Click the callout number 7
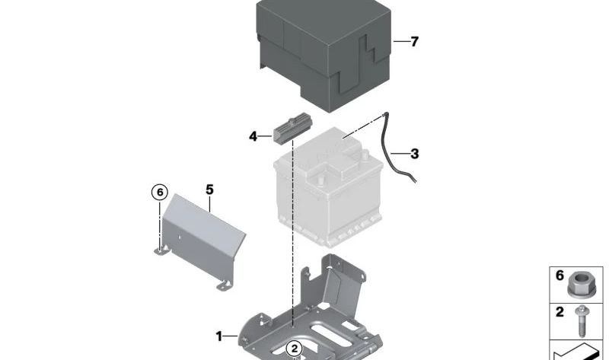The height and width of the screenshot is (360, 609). (415, 42)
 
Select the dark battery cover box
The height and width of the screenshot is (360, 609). (323, 54)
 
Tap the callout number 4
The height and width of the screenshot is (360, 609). (253, 137)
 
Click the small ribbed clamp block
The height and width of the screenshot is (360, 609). (292, 128)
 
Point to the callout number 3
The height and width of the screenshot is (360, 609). (415, 154)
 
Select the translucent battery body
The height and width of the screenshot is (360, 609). (328, 187)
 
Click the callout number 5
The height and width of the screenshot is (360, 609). (209, 190)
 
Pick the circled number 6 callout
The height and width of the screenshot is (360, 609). (160, 193)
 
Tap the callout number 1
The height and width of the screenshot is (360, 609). (219, 336)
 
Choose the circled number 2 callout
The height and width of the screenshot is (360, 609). (295, 349)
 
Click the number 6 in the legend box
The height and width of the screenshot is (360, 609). (560, 276)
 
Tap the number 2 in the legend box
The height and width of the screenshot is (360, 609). (560, 312)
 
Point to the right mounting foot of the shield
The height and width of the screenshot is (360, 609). (225, 285)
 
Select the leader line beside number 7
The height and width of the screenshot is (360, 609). (401, 41)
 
